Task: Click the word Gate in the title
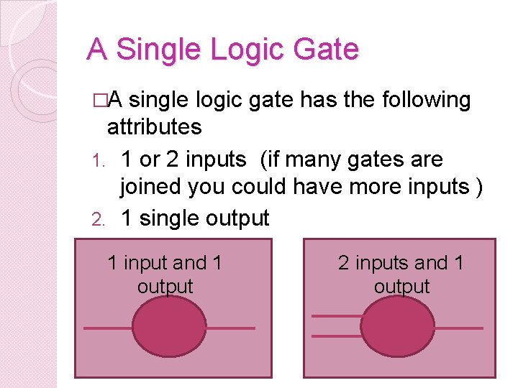325,50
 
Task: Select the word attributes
154,127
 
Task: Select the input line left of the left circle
108,328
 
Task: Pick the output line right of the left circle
230,328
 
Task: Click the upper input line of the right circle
337,315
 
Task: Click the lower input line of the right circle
337,336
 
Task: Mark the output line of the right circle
458,328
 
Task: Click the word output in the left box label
165,286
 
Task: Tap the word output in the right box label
401,286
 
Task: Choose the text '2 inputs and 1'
401,263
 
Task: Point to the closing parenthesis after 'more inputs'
478,187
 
